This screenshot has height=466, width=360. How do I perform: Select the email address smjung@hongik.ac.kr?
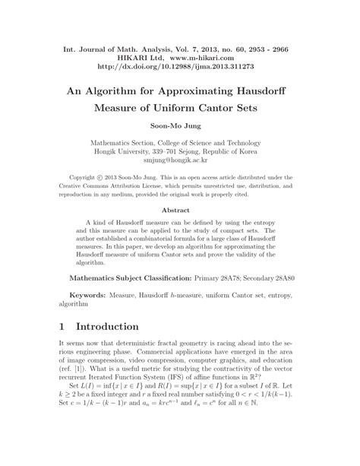click(x=180, y=160)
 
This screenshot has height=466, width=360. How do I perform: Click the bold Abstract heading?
click(x=180, y=211)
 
